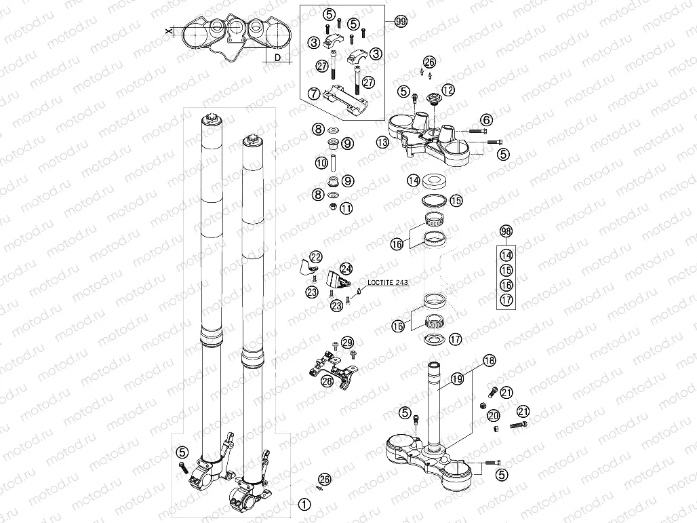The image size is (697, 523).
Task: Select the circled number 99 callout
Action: click(401, 22)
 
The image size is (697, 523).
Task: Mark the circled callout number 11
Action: click(346, 209)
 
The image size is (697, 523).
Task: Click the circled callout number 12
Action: click(448, 90)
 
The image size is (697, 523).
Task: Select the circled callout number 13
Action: click(383, 142)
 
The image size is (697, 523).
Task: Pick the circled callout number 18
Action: click(489, 361)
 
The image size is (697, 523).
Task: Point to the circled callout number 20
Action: click(493, 415)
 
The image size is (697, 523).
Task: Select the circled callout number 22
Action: click(316, 256)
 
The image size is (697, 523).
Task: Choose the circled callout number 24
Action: click(346, 269)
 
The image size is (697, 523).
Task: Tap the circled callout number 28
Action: click(327, 381)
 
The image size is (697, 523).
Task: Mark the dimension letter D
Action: click(277, 59)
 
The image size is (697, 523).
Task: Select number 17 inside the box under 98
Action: click(506, 299)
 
